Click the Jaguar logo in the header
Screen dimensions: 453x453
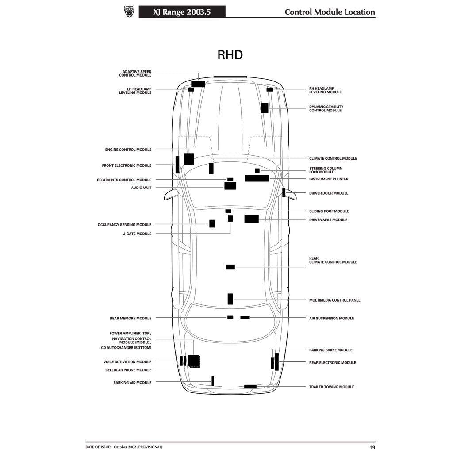tap(129, 12)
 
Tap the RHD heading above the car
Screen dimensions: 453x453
tap(230, 55)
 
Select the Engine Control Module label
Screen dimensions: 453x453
tap(128, 150)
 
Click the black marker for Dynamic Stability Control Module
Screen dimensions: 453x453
tap(265, 108)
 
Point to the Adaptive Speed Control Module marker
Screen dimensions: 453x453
tap(198, 84)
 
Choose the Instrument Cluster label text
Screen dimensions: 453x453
tap(329, 180)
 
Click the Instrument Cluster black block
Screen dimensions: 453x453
tap(257, 178)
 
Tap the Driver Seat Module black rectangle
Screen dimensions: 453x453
tap(252, 219)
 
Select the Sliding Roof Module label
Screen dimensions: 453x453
tap(329, 211)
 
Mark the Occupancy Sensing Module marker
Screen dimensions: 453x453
tap(212, 223)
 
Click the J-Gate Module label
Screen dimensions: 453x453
tap(137, 234)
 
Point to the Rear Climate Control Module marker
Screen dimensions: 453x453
tap(230, 267)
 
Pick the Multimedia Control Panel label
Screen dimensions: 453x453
tap(335, 300)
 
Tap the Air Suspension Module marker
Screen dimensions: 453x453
tap(245, 317)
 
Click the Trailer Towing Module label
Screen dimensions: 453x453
tap(332, 387)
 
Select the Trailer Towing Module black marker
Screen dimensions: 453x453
tap(250, 386)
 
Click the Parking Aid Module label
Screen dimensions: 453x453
tap(132, 383)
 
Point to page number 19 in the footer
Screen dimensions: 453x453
tap(372, 447)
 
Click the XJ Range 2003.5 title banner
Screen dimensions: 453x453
tap(182, 12)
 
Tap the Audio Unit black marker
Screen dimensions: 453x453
tap(230, 186)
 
